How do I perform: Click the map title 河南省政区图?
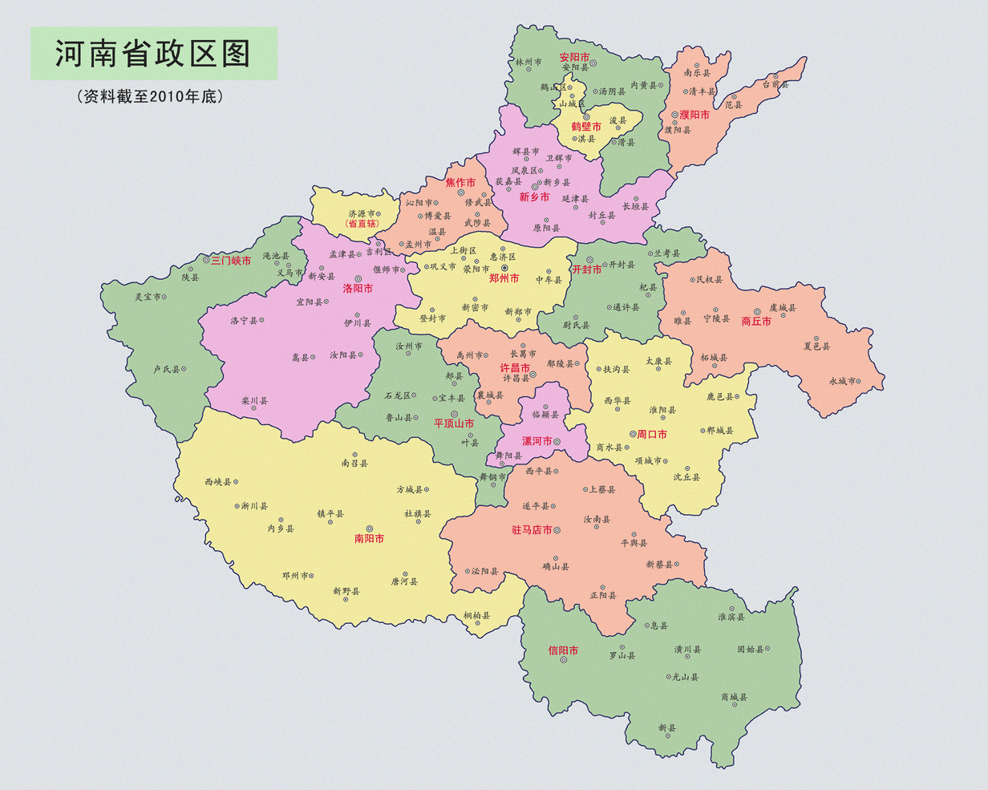pos(153,54)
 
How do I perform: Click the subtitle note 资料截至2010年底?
pos(149,96)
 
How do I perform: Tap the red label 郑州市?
pos(504,278)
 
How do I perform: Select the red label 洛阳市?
pos(358,288)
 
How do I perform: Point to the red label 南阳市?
pos(369,539)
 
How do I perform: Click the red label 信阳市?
pos(563,650)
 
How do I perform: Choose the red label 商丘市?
pos(756,321)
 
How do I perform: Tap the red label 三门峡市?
pos(231,261)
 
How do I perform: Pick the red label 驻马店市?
pos(532,530)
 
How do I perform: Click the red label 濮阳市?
pos(694,115)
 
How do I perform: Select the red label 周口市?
pos(652,434)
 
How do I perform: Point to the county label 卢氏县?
pos(167,370)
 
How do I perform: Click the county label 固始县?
pos(751,650)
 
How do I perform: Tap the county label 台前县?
pos(775,84)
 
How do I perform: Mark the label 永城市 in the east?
pos(842,381)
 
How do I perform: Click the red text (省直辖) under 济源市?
pos(362,224)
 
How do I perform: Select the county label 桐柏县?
pos(476,616)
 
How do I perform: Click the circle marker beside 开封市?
pos(589,260)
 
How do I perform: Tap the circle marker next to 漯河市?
pos(557,441)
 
